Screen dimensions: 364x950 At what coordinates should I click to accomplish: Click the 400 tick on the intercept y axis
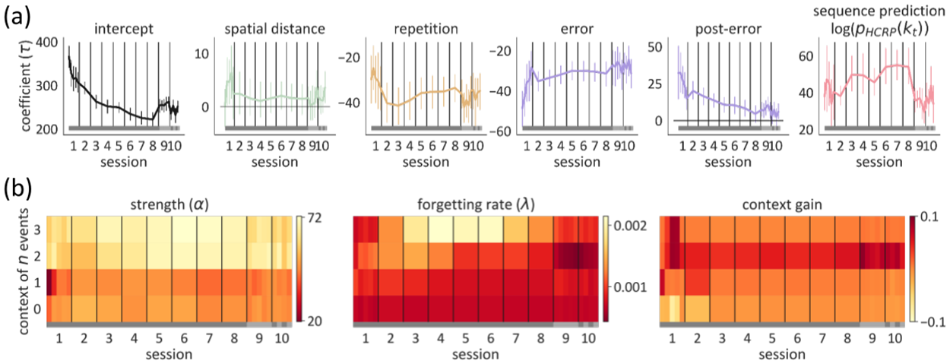point(51,41)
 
